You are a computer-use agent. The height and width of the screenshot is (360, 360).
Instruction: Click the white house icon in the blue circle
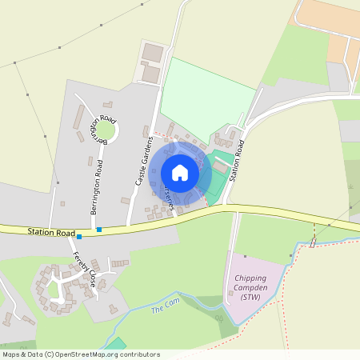pyautogui.click(x=180, y=172)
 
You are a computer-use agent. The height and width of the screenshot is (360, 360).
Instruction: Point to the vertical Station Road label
pyautogui.click(x=237, y=158)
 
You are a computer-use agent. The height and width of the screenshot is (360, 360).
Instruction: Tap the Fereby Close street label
pyautogui.click(x=84, y=270)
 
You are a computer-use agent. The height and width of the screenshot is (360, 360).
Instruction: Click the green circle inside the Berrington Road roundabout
pyautogui.click(x=106, y=130)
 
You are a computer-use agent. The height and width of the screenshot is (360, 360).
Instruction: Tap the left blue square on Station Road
pyautogui.click(x=79, y=237)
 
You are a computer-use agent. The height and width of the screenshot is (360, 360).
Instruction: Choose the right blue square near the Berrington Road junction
pyautogui.click(x=99, y=230)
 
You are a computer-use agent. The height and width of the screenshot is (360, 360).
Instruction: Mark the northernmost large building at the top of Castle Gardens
pyautogui.click(x=153, y=54)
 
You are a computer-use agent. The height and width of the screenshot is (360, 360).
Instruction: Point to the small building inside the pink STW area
pyautogui.click(x=246, y=257)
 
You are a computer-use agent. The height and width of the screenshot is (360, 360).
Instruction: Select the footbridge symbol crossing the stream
pyautogui.click(x=314, y=240)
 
